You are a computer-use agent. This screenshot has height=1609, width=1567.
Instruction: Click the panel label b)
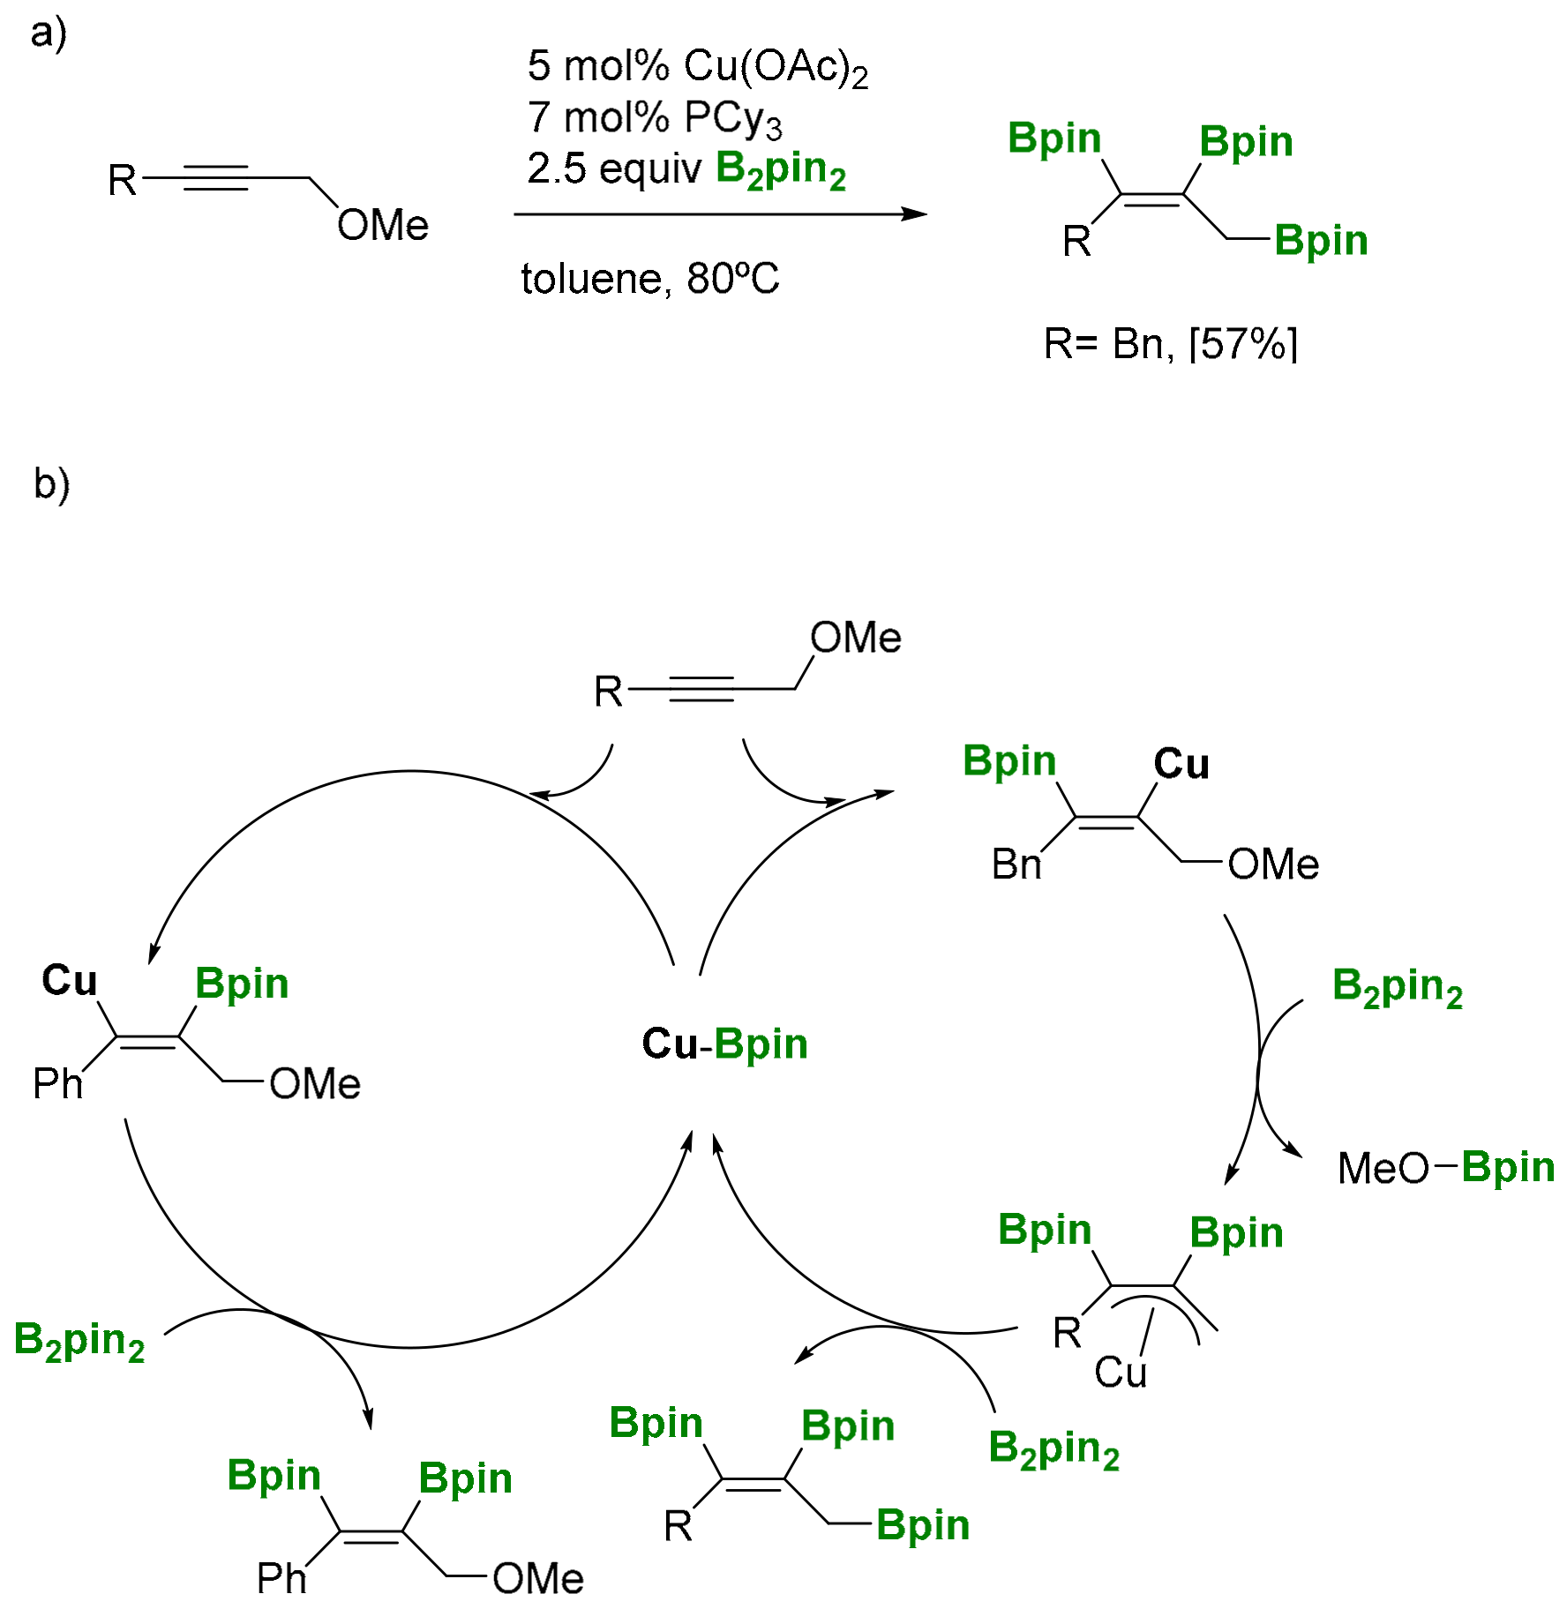(x=51, y=484)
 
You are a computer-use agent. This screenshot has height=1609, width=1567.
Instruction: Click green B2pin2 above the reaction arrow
(x=780, y=168)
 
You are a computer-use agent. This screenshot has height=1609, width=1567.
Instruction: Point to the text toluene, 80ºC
(x=649, y=279)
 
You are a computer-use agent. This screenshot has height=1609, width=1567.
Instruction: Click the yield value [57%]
(x=1243, y=343)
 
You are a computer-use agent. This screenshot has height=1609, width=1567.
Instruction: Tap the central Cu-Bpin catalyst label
(x=724, y=1044)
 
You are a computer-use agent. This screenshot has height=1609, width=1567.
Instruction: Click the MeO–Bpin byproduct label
(x=1445, y=1167)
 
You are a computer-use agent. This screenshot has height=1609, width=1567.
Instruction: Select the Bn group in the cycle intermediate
(x=1016, y=864)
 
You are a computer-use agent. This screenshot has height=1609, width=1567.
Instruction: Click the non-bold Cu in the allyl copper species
(x=1120, y=1372)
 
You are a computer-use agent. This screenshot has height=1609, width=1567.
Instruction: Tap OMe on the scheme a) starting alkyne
(x=382, y=225)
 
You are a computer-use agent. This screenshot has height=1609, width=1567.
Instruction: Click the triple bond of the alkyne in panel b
(x=701, y=689)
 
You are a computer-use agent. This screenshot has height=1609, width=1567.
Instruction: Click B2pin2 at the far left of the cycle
(x=79, y=1341)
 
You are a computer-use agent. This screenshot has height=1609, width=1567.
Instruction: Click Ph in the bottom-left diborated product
(x=281, y=1578)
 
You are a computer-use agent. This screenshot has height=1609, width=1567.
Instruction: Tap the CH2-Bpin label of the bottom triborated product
(x=922, y=1524)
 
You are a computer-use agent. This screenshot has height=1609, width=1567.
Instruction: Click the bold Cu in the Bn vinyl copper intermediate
(x=1181, y=764)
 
